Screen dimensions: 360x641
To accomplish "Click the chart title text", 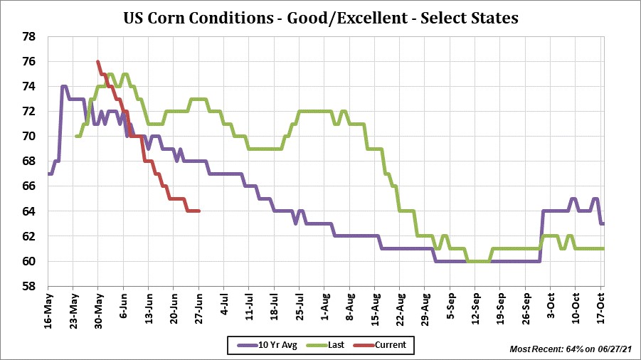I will tap(320, 18).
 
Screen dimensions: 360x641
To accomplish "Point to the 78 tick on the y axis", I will tap(30, 36).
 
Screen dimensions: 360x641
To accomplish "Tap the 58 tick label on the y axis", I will tap(30, 286).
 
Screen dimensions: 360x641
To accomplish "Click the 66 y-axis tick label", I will tap(30, 186).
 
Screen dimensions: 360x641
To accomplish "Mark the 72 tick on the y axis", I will tap(30, 111).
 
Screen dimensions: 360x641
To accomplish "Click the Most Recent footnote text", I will tap(571, 349).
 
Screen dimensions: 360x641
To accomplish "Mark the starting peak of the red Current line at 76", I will tap(97, 61).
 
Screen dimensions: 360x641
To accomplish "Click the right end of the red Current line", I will tap(198, 211).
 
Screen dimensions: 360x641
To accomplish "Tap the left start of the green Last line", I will tap(75, 136).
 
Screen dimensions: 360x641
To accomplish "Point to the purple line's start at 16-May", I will tap(48, 174).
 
